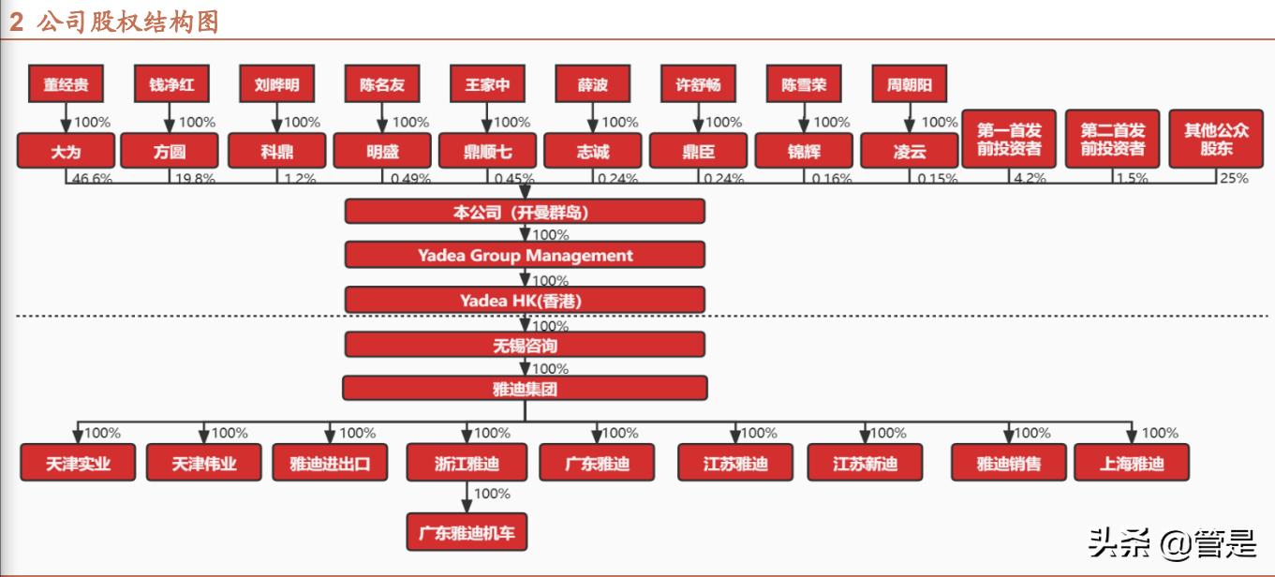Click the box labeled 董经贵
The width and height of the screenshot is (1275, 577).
pyautogui.click(x=66, y=84)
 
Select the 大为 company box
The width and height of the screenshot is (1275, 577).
pyautogui.click(x=66, y=151)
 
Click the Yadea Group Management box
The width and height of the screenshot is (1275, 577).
pyautogui.click(x=525, y=255)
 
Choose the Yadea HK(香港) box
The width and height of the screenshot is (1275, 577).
pyautogui.click(x=525, y=300)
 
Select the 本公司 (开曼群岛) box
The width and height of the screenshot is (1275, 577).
pyautogui.click(x=525, y=212)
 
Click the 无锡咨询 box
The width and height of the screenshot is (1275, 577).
pyautogui.click(x=525, y=346)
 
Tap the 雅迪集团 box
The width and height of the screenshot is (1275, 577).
pyautogui.click(x=525, y=388)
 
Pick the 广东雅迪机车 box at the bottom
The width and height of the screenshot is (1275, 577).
pyautogui.click(x=467, y=533)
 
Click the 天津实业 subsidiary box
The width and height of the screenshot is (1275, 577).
pyautogui.click(x=78, y=463)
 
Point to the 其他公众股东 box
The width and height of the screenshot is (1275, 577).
pyautogui.click(x=1216, y=141)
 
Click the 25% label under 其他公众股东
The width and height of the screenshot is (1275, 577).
pyautogui.click(x=1234, y=178)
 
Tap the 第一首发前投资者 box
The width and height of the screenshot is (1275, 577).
pyautogui.click(x=1009, y=141)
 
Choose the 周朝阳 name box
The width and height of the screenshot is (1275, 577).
pyautogui.click(x=909, y=84)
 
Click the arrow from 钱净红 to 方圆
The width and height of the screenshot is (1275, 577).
pyautogui.click(x=170, y=118)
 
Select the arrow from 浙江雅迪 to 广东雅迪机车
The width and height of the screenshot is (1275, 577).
pyautogui.click(x=467, y=496)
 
